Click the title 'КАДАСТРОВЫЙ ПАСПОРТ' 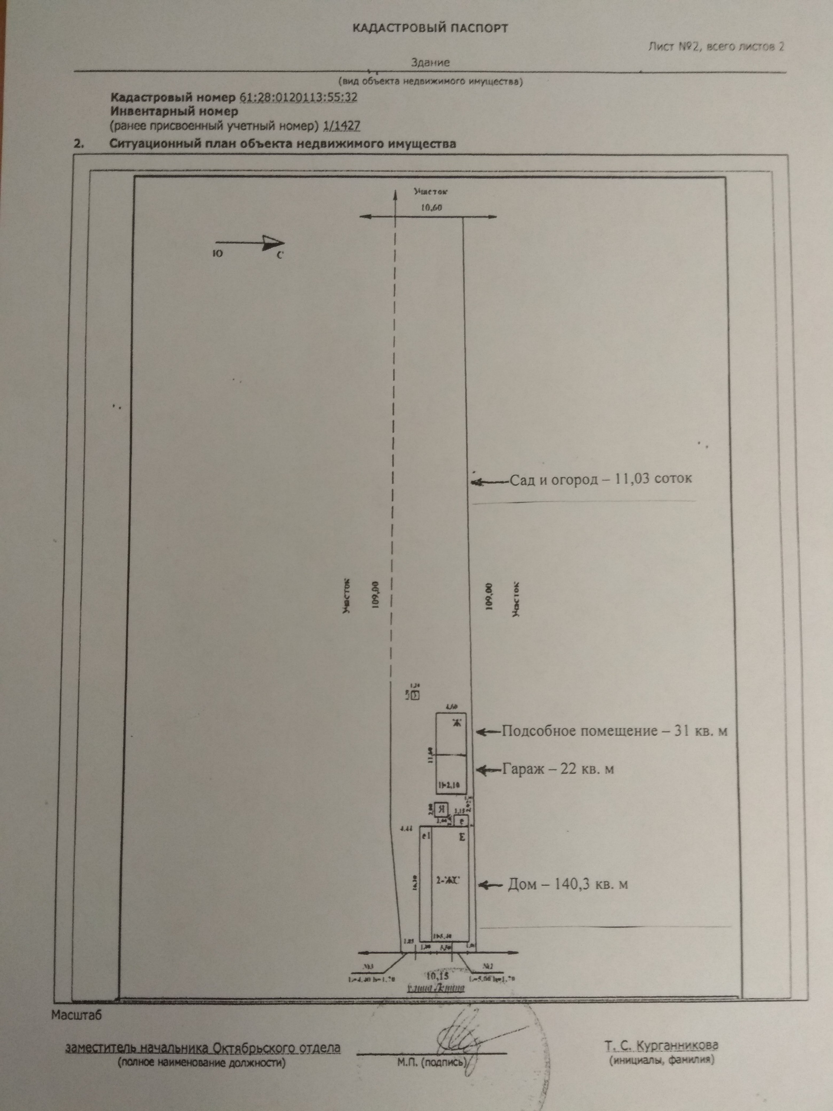pos(430,28)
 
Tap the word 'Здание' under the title pos(430,63)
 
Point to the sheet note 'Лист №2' pos(673,47)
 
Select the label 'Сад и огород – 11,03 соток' pos(600,479)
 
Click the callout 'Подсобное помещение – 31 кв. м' pos(615,731)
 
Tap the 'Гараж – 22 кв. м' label pos(558,769)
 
